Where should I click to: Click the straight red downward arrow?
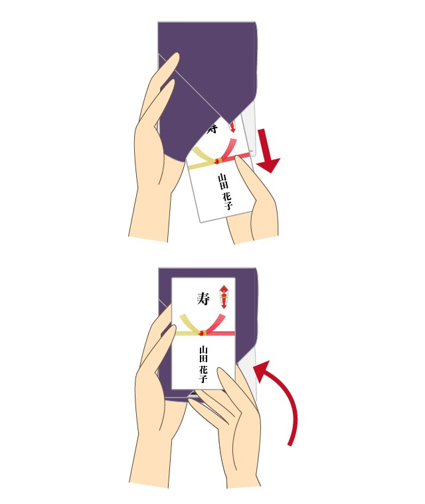tap(267, 151)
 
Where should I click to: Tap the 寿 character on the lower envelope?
tap(203, 299)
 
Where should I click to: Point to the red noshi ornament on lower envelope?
tap(223, 297)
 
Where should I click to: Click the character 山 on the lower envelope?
tap(203, 350)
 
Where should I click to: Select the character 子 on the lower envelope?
tap(203, 378)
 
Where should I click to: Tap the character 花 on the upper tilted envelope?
tap(226, 196)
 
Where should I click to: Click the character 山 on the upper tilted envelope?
tap(222, 178)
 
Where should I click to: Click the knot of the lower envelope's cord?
tap(202, 332)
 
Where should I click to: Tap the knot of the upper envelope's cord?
tap(218, 160)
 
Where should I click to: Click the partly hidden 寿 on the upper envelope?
tap(212, 128)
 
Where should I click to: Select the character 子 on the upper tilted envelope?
tap(228, 205)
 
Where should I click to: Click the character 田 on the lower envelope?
tap(203, 358)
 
